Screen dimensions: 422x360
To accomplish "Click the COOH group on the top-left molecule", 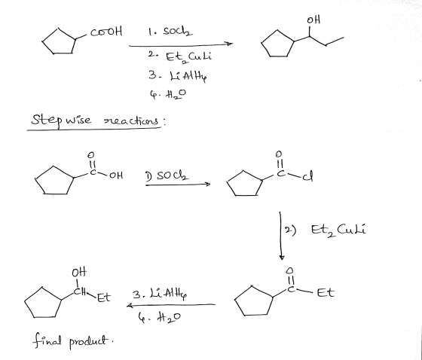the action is coord(106,32).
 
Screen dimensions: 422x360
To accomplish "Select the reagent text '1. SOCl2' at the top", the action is coord(170,32).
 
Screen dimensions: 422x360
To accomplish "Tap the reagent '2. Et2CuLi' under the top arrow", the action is coord(179,57).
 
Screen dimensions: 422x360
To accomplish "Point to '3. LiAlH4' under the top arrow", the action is coord(178,76).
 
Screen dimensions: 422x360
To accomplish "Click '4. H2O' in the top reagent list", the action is coord(167,94).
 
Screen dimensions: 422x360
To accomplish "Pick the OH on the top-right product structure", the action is coord(313,20).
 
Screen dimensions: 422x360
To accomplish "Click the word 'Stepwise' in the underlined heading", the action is coord(61,120).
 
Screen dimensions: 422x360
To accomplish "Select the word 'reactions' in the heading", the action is coord(132,121).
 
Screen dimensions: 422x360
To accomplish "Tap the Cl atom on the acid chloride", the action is coord(308,177).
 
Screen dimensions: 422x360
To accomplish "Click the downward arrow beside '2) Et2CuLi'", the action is coord(280,236).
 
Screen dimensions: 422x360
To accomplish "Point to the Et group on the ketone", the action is coord(326,292).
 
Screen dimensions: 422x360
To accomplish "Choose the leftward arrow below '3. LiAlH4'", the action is coord(171,305).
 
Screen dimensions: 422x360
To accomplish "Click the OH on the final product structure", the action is coord(79,273).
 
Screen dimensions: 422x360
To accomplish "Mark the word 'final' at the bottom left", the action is coord(47,340).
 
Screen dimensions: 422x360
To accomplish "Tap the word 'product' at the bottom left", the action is coord(89,342).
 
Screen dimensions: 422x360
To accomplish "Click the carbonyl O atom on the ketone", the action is coord(289,270).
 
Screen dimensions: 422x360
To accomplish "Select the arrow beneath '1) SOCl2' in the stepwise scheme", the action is coord(178,185).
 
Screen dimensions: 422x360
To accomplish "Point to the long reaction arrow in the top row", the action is coord(181,44).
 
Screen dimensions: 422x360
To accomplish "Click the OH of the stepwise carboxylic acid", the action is coord(116,175).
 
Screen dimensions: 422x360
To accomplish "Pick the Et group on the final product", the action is coord(104,297).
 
